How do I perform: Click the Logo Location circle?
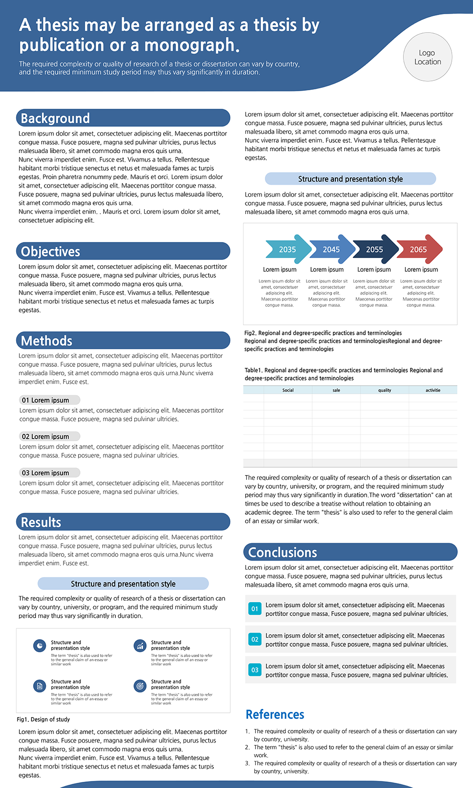[428, 57]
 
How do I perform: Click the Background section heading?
[55, 118]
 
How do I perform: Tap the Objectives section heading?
[51, 251]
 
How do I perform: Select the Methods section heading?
[47, 341]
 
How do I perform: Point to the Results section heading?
[41, 522]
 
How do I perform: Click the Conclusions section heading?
[283, 553]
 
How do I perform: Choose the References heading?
[275, 714]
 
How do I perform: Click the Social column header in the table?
[288, 390]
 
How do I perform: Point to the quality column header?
[385, 390]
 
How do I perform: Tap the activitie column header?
[433, 390]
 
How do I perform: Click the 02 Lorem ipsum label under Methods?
[49, 436]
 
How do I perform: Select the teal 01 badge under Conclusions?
[254, 609]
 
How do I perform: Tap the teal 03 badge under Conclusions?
[254, 670]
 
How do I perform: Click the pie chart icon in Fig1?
[40, 646]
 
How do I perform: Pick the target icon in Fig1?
[140, 685]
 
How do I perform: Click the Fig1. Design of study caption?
[44, 719]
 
